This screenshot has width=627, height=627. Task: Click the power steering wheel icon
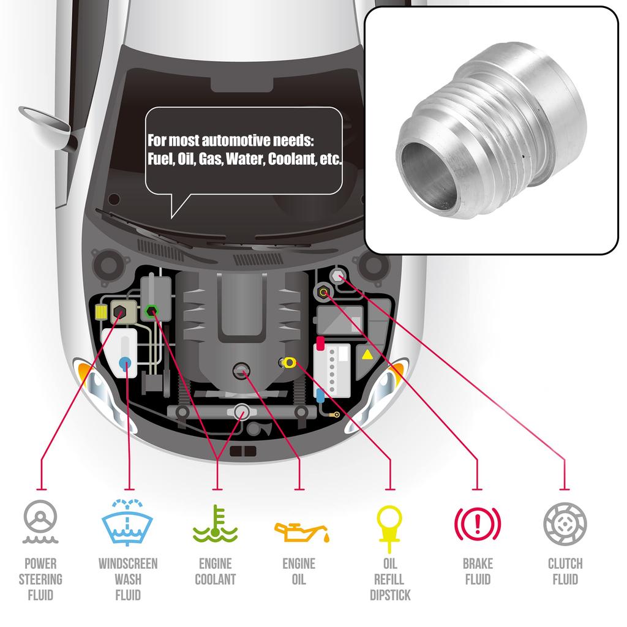tap(40, 524)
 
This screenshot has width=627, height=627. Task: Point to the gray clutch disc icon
tap(565, 524)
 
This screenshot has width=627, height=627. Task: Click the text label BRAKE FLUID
tap(477, 571)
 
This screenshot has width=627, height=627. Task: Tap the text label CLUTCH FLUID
tap(565, 571)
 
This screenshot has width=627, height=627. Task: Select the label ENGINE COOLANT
tap(215, 571)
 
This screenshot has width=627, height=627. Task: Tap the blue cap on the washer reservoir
tap(125, 362)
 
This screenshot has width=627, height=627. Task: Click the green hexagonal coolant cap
tap(152, 311)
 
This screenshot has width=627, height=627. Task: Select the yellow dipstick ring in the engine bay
tap(289, 363)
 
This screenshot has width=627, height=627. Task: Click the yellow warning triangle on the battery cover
tap(367, 355)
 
